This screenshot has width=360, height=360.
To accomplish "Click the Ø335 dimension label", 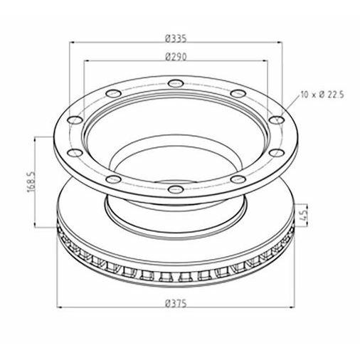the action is point(176,38).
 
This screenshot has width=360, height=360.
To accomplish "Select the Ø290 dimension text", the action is point(176,57).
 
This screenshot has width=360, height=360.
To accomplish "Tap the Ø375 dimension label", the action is point(176,303).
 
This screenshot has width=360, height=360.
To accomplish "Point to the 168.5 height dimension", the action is point(31,182).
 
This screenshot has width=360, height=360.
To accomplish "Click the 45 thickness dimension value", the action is point(304,215).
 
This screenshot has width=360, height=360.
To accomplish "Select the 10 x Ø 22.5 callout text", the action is point(322,95).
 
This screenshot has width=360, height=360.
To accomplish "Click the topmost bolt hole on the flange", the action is point(176,83).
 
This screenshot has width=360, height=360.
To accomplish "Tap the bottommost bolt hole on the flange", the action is point(176,189).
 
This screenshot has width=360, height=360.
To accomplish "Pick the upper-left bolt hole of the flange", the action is point(113,93).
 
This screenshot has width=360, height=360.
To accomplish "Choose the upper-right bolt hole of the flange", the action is point(238,93).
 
